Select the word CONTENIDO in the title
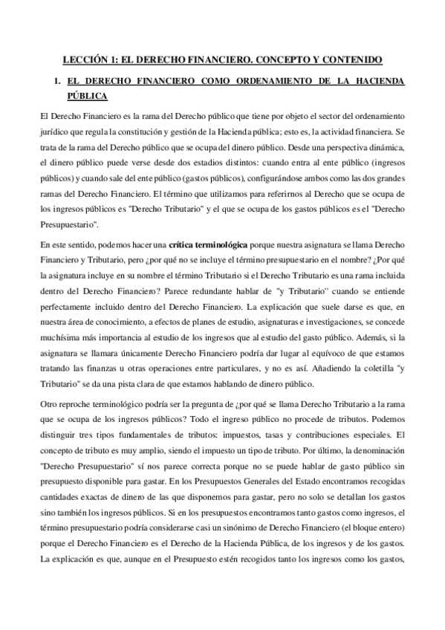tap(351, 57)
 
